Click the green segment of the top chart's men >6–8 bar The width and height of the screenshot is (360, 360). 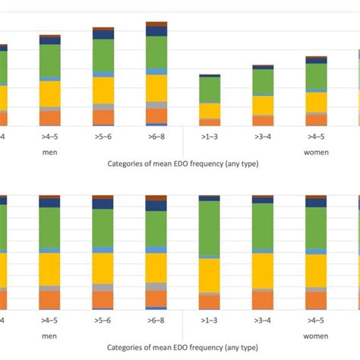pyautogui.click(x=156, y=52)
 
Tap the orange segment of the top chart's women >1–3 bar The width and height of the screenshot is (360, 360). pyautogui.click(x=210, y=122)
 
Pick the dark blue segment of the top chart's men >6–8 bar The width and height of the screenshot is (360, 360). pyautogui.click(x=156, y=31)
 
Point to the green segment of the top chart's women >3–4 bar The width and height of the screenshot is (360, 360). pyautogui.click(x=263, y=81)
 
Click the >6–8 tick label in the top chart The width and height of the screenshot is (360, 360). pyautogui.click(x=156, y=137)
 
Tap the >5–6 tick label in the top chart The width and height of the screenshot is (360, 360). pyautogui.click(x=103, y=137)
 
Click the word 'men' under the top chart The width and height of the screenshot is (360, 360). pyautogui.click(x=50, y=151)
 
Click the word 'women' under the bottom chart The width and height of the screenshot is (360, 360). pyautogui.click(x=316, y=334)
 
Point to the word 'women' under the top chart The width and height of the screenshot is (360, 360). pyautogui.click(x=316, y=151)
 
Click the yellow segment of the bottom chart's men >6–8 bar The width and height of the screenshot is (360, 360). pyautogui.click(x=156, y=267)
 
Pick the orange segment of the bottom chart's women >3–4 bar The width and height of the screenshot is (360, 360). pyautogui.click(x=263, y=299)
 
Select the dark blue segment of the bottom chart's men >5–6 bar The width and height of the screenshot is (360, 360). pyautogui.click(x=103, y=203)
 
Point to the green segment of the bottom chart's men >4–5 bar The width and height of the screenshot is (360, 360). pyautogui.click(x=50, y=227)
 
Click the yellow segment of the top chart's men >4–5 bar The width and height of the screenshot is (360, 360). pyautogui.click(x=50, y=93)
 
